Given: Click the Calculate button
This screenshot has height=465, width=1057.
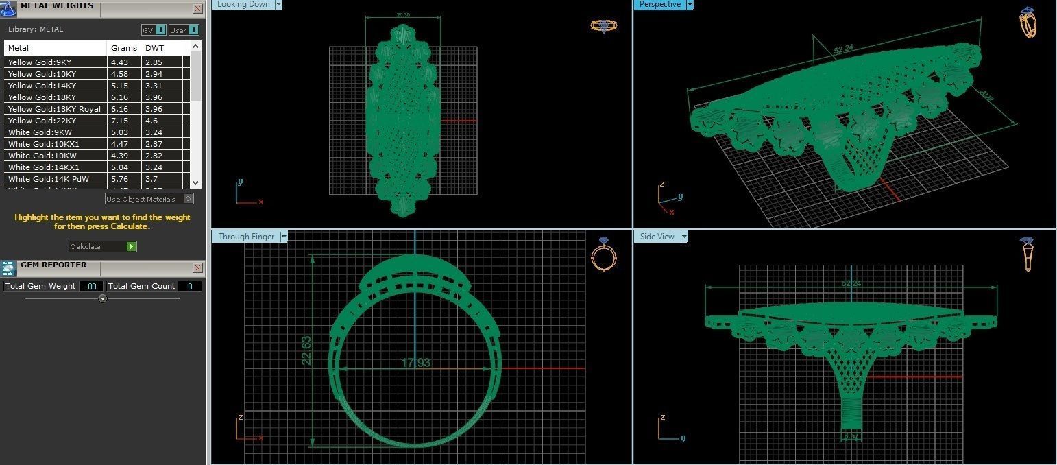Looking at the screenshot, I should (x=102, y=246).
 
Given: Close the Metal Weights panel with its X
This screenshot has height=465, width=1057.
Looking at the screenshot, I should (x=197, y=9).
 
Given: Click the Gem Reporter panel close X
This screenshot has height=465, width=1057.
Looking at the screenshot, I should (x=197, y=268).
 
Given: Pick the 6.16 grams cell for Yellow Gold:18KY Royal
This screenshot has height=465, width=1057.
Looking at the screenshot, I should (x=120, y=109).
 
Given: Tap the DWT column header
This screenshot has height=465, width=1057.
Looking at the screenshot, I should (x=154, y=48).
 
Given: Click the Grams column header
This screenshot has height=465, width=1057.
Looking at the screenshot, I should (x=120, y=48).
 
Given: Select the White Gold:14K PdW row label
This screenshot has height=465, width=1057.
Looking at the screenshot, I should (x=49, y=179).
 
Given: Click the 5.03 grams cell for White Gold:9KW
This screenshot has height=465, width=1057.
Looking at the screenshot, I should (x=120, y=132).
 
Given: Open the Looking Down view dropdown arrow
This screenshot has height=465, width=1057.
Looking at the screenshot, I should (x=278, y=5).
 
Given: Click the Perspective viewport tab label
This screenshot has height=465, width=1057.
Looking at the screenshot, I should (x=659, y=5).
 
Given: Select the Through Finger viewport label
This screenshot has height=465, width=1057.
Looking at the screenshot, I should (x=246, y=237).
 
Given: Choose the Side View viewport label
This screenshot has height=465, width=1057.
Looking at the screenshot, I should (x=657, y=237).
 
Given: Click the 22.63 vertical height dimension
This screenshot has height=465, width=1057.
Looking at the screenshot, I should (x=306, y=350).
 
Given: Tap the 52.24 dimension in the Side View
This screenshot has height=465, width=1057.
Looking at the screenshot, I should (x=851, y=283).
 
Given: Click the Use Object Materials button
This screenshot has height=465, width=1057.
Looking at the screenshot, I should (x=149, y=199).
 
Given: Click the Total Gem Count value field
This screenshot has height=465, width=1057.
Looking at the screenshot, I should (x=190, y=286).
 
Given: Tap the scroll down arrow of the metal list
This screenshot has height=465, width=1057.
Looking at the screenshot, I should (x=196, y=182).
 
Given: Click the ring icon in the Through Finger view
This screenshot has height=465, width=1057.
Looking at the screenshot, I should (x=603, y=256).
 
